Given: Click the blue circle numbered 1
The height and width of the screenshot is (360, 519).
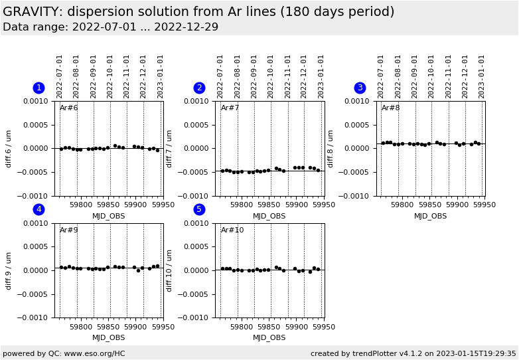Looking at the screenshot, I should (x=38, y=88).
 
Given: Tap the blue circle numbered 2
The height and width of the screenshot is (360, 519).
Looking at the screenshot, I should (x=199, y=88).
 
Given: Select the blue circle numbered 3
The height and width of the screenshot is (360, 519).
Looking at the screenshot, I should (x=360, y=88).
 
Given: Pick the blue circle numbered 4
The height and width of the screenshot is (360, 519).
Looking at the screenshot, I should (x=38, y=210).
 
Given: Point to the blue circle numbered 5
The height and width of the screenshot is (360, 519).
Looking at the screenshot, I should (x=199, y=210).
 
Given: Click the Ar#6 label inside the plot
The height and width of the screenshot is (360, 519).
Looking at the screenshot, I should (x=69, y=108).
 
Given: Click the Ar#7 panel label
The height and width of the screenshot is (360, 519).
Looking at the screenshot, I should (x=230, y=108).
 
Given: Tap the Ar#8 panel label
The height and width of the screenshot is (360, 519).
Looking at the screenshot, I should (x=391, y=108).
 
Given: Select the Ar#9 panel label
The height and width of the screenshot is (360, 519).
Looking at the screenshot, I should (x=69, y=230).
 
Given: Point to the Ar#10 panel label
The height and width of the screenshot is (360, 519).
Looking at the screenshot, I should (x=232, y=230).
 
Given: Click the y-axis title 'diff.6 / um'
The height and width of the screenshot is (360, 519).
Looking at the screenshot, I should (x=9, y=148).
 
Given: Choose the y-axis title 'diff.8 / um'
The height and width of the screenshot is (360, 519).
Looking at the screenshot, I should (x=331, y=148).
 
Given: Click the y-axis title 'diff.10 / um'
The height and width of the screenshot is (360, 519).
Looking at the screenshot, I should (x=170, y=270).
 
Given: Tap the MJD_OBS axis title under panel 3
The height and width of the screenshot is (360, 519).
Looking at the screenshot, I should (x=430, y=216).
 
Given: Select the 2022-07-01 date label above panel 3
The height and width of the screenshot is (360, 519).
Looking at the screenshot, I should (x=382, y=76).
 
